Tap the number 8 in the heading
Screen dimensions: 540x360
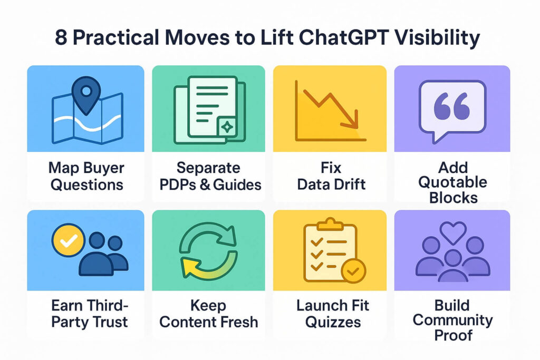pos(61,37)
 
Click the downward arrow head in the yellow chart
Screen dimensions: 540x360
pos(351,120)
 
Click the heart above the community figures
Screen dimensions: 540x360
pos(453,232)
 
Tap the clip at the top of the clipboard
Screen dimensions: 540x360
pos(330,225)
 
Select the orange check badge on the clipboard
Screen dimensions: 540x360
pos(353,271)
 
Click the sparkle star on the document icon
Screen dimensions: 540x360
pos(227,128)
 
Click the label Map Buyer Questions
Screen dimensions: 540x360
pos(86,176)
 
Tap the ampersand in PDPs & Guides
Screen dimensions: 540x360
pos(205,185)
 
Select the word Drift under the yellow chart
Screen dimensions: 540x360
pos(349,184)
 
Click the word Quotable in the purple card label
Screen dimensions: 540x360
pos(452,182)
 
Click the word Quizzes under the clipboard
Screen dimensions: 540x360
pos(333,323)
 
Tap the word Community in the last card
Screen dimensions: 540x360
pos(452,320)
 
